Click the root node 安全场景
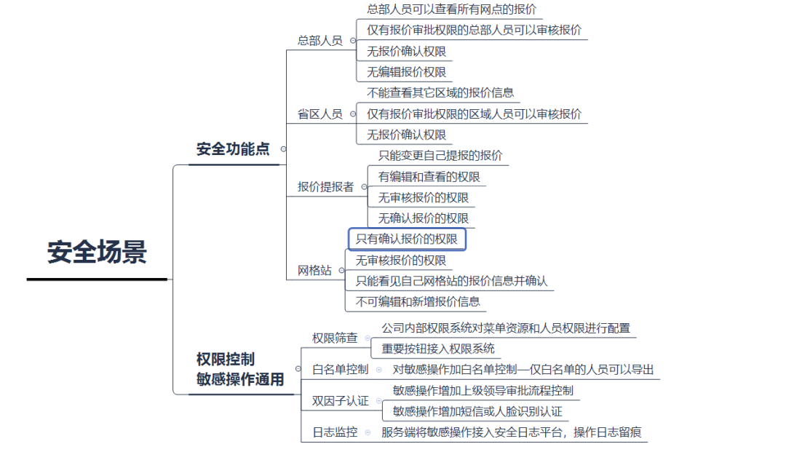tap(98, 252)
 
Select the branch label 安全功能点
tap(233, 149)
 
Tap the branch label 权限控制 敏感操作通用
tap(240, 369)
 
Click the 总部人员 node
tap(319, 41)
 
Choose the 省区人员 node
tap(319, 114)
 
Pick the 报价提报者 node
tap(325, 187)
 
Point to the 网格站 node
tap(314, 271)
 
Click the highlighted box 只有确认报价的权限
tap(407, 239)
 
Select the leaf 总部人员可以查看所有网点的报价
tap(452, 9)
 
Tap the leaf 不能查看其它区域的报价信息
tap(440, 92)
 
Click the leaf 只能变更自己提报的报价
tap(440, 156)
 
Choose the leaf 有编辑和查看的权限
tap(429, 177)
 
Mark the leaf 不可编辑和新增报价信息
tap(417, 301)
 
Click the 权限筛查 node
tap(335, 338)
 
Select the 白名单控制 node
tap(340, 370)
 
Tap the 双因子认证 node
tap(340, 401)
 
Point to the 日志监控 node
tap(335, 432)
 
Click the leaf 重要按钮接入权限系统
tap(438, 349)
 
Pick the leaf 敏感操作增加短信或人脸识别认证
tap(477, 412)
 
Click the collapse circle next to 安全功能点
tap(283, 149)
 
